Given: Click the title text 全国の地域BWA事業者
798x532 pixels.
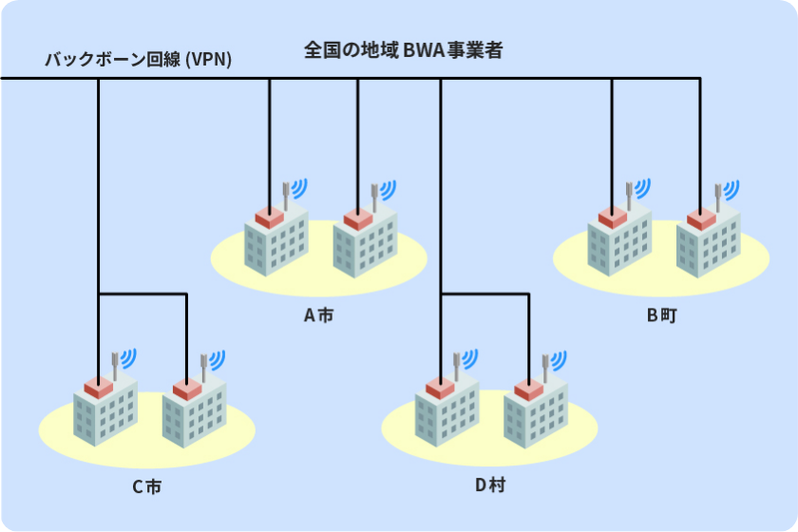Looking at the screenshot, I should (404, 51).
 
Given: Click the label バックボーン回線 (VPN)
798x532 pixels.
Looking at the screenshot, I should (139, 61).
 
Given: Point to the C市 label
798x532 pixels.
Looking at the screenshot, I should (146, 487).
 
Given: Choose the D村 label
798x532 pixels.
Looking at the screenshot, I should (490, 485).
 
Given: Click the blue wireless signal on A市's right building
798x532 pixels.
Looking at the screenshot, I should (388, 187).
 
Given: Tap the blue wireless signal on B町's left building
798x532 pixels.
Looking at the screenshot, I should (642, 186).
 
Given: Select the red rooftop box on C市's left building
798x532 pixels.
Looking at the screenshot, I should (98, 387).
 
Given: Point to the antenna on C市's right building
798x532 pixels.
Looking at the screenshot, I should (203, 366).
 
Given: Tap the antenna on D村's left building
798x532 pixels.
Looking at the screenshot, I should (457, 365).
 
